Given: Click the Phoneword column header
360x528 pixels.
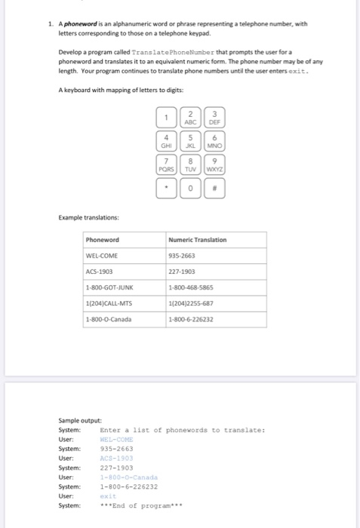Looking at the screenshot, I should pyautogui.click(x=103, y=240).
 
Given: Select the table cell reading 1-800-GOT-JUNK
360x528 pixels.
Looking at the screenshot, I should pyautogui.click(x=110, y=287).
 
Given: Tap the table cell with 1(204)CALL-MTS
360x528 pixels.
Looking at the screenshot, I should pyautogui.click(x=110, y=303).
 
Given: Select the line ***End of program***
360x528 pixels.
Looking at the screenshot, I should pyautogui.click(x=142, y=505).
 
